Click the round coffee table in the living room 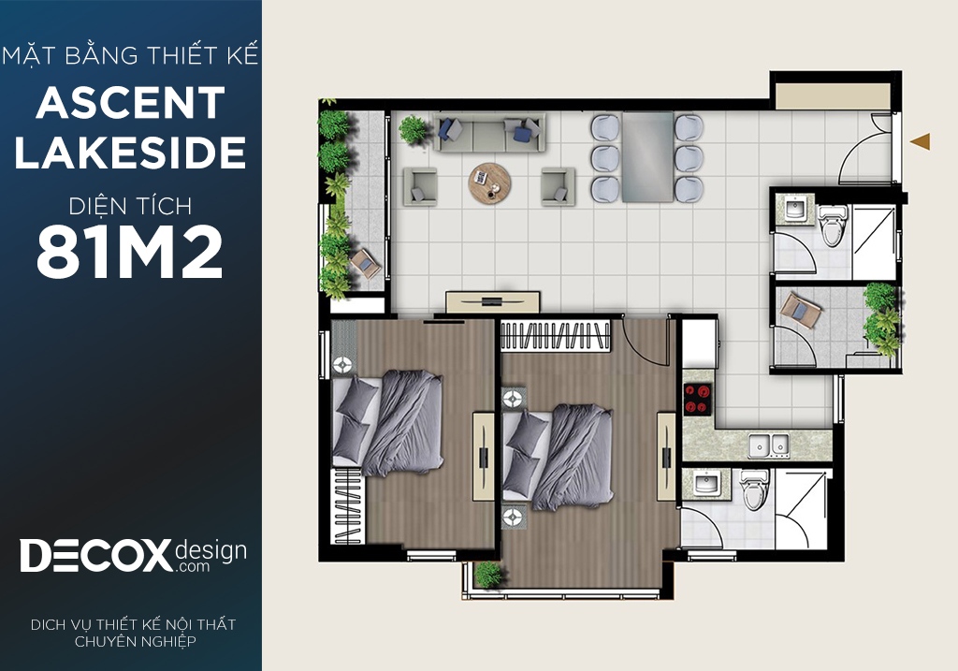click(x=490, y=182)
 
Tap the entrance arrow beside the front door click(x=921, y=141)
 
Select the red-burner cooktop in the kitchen click(x=698, y=399)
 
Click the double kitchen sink click(x=769, y=445)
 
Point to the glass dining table click(x=647, y=156)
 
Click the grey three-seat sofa click(x=488, y=132)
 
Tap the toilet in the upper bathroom click(x=832, y=225)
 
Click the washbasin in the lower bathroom click(x=706, y=484)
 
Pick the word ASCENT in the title click(x=131, y=103)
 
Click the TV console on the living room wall click(x=492, y=302)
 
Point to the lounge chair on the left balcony click(x=366, y=264)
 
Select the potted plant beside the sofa click(x=414, y=129)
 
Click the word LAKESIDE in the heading click(x=131, y=153)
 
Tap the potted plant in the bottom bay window click(x=488, y=575)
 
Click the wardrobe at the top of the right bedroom click(x=556, y=335)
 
